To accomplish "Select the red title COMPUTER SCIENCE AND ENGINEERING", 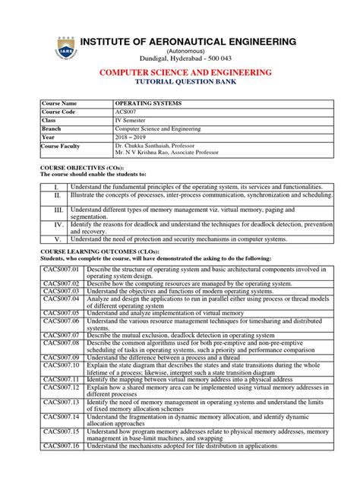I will tap(180, 71).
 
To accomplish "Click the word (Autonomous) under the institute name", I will tap(180, 49).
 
